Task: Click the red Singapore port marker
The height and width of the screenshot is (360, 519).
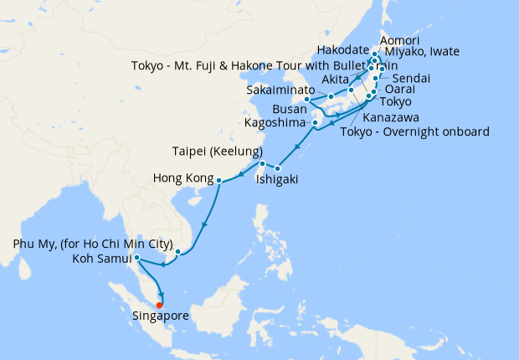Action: tap(159, 304)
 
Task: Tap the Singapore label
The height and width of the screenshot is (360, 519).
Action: tap(160, 316)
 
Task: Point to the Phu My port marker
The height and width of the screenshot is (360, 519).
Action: tap(178, 251)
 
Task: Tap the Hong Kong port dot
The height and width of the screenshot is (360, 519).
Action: tap(219, 181)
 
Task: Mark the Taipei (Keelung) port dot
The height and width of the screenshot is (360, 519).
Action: tap(262, 163)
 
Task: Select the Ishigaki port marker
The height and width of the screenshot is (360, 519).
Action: tap(279, 170)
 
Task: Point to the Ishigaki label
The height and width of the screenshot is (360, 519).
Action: tap(275, 180)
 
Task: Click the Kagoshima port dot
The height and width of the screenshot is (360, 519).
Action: tap(315, 124)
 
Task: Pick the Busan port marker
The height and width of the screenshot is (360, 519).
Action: tap(307, 99)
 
